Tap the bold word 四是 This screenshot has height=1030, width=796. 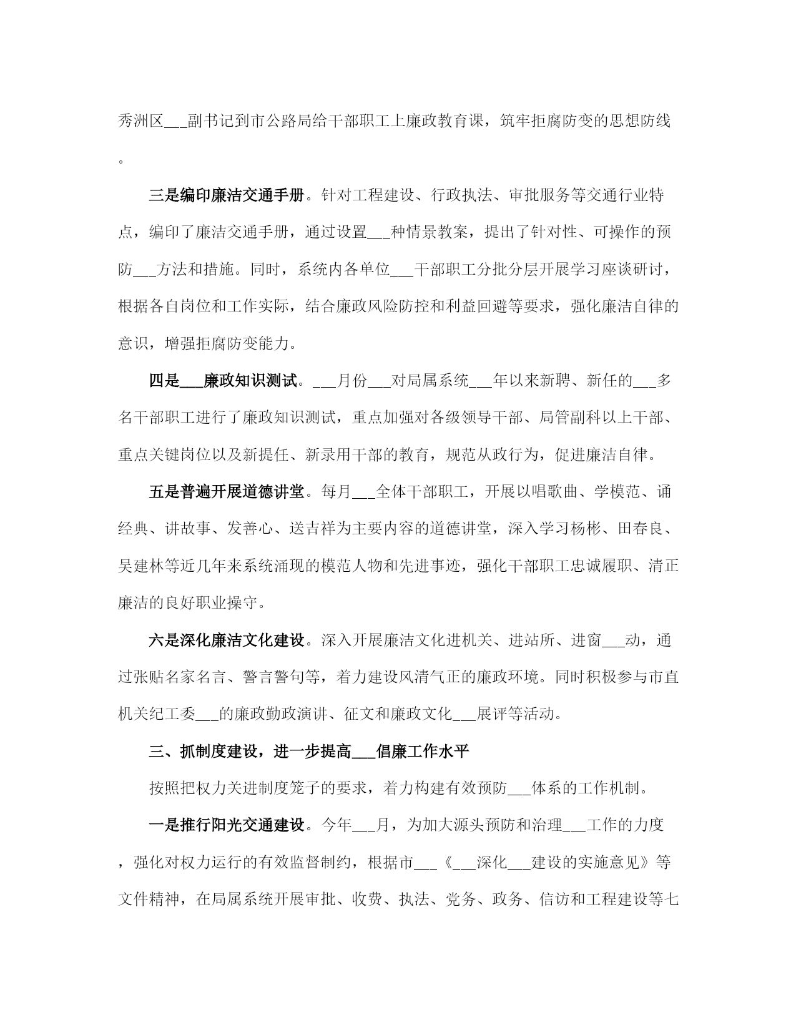click(x=164, y=381)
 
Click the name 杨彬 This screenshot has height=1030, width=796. click(x=586, y=529)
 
